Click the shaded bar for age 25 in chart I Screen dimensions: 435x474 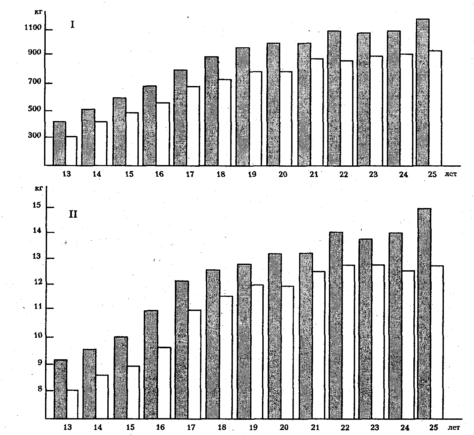[x=423, y=92]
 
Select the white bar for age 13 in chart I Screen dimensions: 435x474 [x=72, y=151]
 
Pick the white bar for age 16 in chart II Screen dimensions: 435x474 [x=165, y=383]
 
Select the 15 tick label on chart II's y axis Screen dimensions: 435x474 [x=38, y=206]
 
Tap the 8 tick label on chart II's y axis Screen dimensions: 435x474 [x=40, y=389]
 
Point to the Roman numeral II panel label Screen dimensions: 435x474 [x=73, y=214]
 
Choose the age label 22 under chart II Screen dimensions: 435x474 [x=345, y=428]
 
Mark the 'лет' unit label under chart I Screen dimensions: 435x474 [x=450, y=174]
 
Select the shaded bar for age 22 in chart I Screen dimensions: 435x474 [x=334, y=98]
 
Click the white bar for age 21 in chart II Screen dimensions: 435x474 [x=319, y=345]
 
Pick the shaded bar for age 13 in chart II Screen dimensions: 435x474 [x=61, y=389]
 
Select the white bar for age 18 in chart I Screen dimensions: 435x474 [x=225, y=122]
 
